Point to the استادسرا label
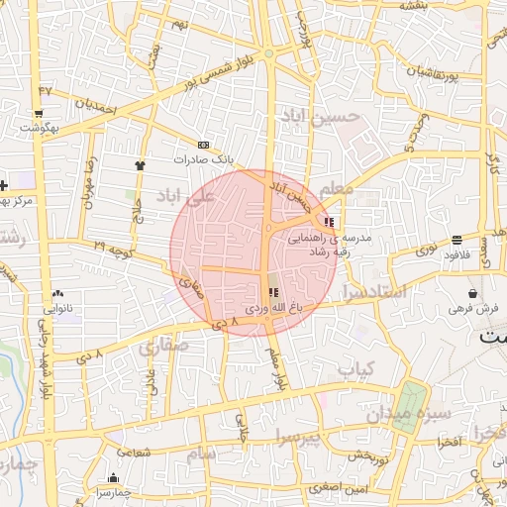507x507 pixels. point(373,291)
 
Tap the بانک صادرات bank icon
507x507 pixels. point(203,144)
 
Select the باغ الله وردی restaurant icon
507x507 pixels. point(273,293)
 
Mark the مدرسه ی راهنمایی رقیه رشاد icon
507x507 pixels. point(329,222)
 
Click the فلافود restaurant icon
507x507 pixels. point(456,240)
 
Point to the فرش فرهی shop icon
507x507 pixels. point(474,294)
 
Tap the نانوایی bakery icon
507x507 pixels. point(57,293)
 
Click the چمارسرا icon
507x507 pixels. point(114,477)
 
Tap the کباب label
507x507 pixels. point(355,368)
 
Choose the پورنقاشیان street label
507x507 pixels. point(430,72)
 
